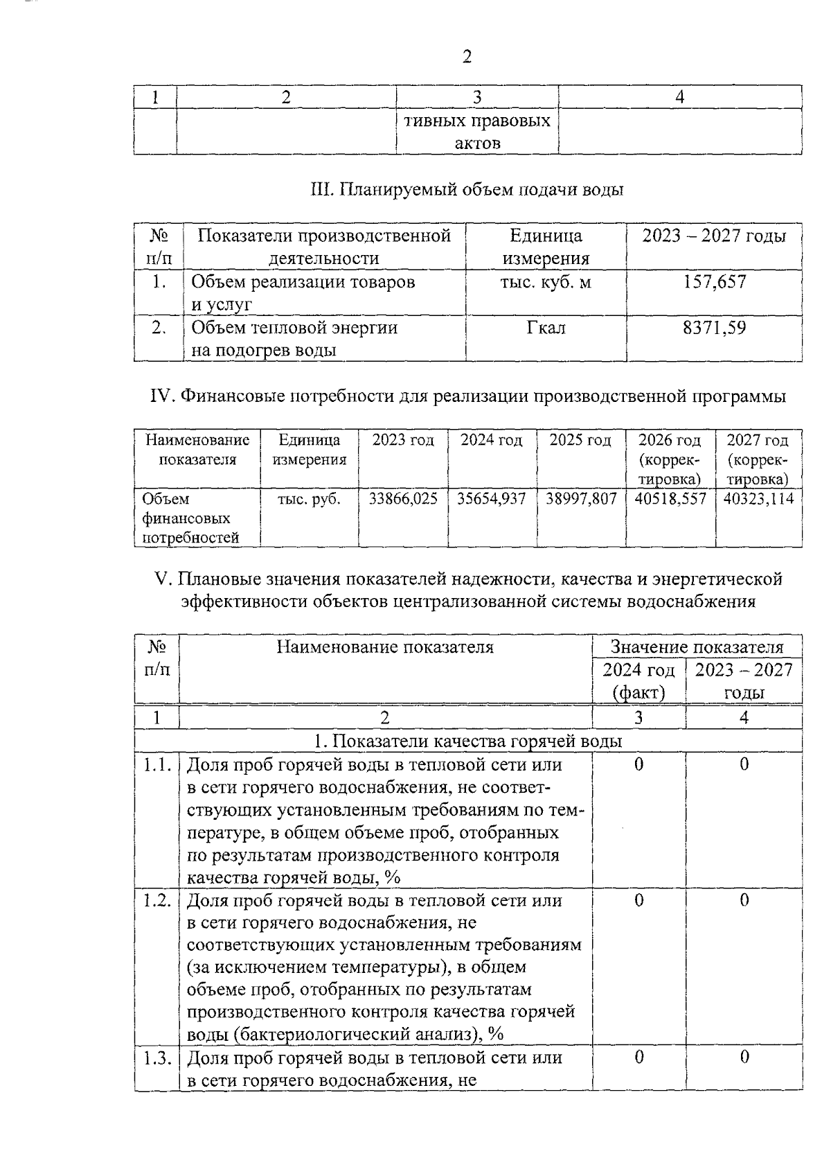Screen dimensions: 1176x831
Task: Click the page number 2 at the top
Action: click(467, 57)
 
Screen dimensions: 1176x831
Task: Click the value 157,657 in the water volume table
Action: click(714, 282)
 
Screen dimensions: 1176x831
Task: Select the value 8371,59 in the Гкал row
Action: click(714, 327)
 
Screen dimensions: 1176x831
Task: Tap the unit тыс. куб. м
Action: click(546, 282)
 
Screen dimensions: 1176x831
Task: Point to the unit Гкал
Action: click(546, 327)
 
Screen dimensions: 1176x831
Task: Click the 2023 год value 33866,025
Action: click(403, 499)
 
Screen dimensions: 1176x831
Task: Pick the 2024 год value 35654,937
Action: click(492, 499)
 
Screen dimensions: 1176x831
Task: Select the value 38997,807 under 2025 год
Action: click(580, 499)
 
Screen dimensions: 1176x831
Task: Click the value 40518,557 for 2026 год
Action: click(670, 499)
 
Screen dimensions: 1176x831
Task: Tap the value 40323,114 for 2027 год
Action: click(758, 499)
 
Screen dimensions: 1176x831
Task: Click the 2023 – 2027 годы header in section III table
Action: click(714, 236)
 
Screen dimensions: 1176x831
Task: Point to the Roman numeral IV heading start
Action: click(162, 396)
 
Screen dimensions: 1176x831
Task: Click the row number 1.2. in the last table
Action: click(157, 900)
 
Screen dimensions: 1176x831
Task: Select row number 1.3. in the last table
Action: click(157, 1057)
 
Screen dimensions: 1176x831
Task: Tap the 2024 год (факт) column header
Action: click(638, 681)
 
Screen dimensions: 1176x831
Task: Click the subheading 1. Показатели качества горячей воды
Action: click(467, 741)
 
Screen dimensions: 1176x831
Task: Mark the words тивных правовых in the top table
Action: click(477, 121)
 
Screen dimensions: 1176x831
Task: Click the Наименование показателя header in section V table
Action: click(385, 647)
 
